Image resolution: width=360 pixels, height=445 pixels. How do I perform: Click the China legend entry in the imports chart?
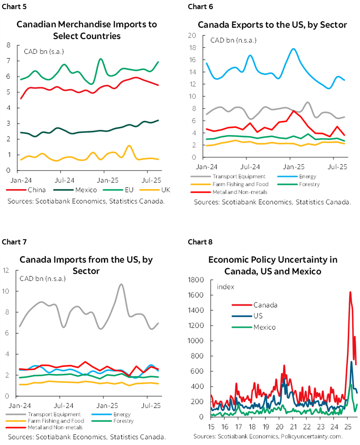click(x=33, y=190)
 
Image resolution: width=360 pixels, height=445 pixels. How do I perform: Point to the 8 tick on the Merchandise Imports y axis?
click(x=8, y=45)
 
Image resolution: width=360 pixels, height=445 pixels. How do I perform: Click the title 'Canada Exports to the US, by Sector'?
click(x=272, y=25)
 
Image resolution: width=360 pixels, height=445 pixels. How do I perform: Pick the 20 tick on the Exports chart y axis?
click(x=192, y=35)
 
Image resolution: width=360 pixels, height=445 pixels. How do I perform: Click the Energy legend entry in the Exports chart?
click(x=305, y=176)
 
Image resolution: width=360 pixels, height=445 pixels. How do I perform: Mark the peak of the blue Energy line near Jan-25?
click(x=294, y=49)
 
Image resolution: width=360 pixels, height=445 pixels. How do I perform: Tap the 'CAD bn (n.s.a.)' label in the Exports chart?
click(x=233, y=40)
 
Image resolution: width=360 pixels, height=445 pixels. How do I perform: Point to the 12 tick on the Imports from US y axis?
click(x=6, y=270)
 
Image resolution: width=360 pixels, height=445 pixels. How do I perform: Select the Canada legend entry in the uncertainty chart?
click(x=265, y=304)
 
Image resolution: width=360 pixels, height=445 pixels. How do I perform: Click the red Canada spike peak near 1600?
click(x=350, y=292)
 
